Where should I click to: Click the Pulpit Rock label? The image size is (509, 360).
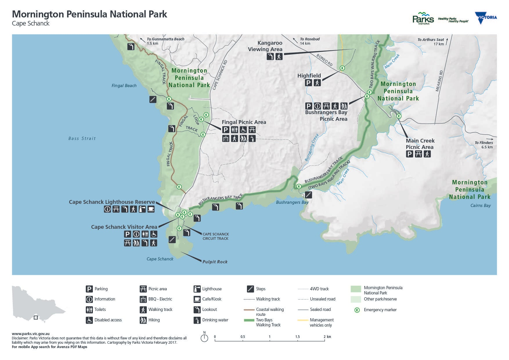point(215,262)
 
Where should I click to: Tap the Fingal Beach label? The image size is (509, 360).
point(124,86)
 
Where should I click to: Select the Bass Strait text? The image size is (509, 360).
point(82,138)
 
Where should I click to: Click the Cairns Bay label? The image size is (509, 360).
point(481,206)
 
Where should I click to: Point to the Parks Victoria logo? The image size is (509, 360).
point(423,18)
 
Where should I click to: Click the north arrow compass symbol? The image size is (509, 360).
point(204,338)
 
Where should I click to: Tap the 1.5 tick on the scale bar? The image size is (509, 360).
point(297,337)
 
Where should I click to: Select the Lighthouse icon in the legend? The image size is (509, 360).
point(197,289)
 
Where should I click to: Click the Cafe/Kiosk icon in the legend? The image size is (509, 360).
point(197,299)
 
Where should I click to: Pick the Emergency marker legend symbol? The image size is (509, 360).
point(357,310)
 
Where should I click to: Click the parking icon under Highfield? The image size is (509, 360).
point(308,83)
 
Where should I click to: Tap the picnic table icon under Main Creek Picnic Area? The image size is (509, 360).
point(418,154)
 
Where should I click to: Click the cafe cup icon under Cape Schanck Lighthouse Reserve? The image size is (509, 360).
point(151,209)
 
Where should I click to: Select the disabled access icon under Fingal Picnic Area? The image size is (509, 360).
point(243,130)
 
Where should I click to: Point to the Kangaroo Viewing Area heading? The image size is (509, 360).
point(265,46)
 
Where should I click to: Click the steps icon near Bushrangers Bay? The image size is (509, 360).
point(308,195)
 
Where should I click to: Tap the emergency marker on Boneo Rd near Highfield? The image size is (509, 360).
point(342,68)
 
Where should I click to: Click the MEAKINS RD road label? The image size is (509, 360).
point(439,81)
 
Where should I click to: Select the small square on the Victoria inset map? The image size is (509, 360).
point(36,318)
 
